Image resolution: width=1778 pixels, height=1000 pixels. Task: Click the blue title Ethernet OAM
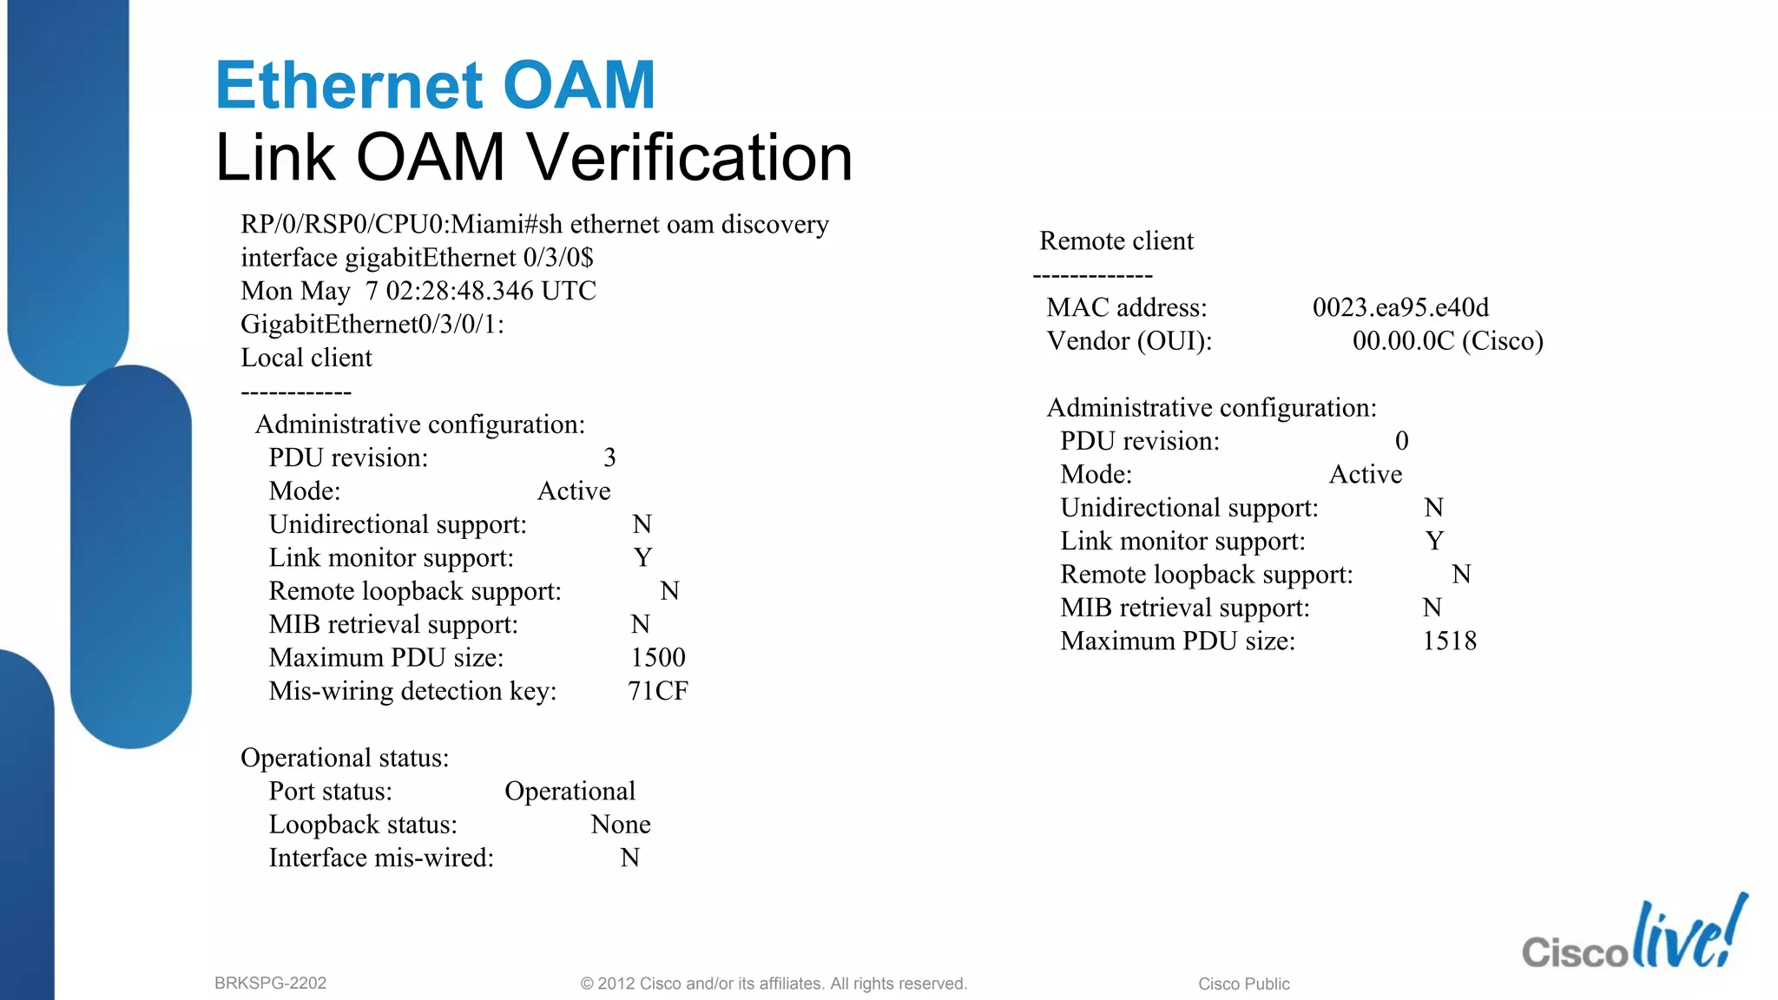435,86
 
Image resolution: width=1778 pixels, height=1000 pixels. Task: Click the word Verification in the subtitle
690,158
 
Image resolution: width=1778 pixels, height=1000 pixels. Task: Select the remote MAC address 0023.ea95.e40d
1400,307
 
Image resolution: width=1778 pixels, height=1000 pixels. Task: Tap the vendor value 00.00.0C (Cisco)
1447,341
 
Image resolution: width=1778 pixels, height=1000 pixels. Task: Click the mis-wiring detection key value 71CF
657,691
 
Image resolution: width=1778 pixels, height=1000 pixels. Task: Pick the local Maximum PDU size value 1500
657,658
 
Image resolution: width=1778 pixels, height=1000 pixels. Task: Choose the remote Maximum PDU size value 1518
1449,641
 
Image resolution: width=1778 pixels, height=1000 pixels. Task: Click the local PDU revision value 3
609,457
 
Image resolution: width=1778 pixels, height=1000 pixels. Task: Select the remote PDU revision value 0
1401,441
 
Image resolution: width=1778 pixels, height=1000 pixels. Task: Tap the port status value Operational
570,792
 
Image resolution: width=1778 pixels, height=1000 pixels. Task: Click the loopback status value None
620,825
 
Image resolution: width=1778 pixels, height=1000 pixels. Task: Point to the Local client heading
306,358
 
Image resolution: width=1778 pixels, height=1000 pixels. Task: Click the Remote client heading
1116,240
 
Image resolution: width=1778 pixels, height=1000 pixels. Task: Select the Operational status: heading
345,758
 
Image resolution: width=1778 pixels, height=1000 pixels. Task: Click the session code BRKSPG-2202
270,984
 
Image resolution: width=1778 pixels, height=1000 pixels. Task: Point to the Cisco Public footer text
1243,984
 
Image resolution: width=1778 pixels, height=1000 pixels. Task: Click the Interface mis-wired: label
381,859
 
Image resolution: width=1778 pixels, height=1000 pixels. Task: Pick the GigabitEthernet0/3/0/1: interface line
372,325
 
